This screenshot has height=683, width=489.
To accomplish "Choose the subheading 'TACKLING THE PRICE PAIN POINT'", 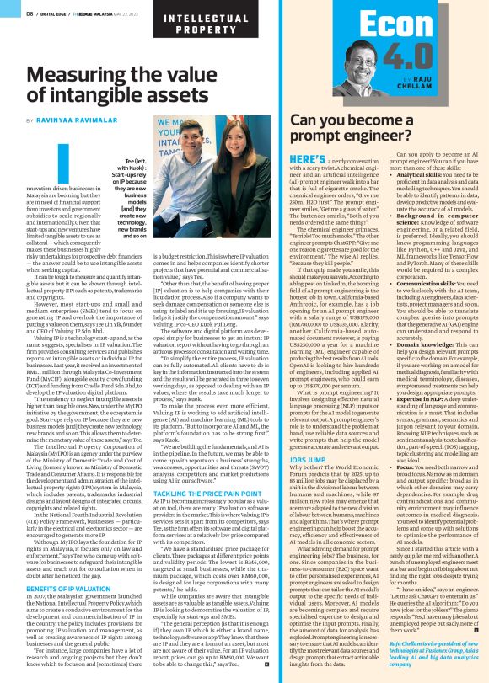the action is tap(200, 468).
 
